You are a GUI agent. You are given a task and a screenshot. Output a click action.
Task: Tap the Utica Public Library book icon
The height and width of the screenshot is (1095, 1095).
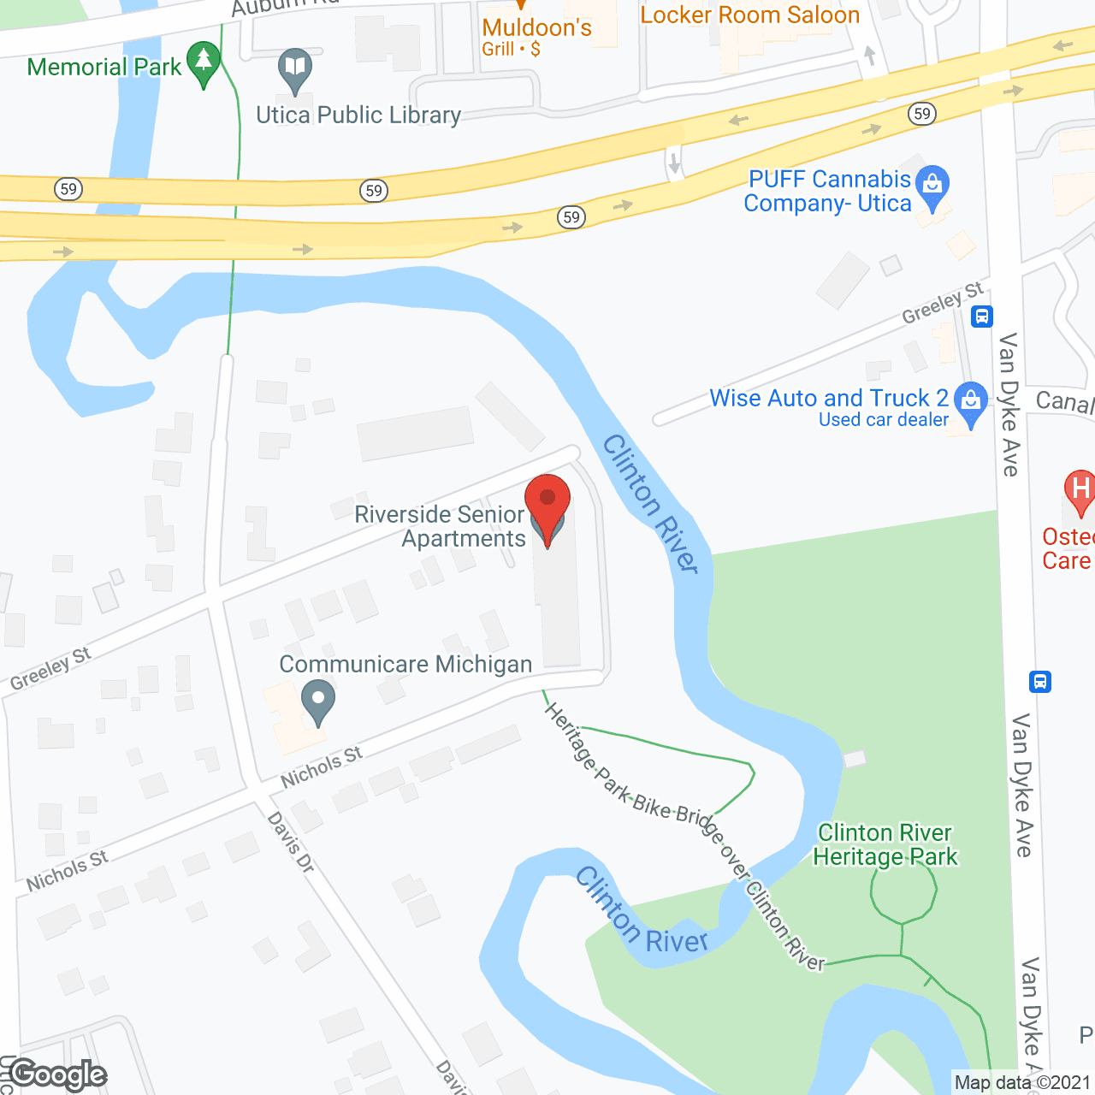(x=295, y=68)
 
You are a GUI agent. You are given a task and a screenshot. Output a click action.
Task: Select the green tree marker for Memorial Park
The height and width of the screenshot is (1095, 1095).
(x=204, y=62)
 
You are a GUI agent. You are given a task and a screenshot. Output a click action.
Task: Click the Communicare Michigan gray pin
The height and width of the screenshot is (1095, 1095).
(x=318, y=700)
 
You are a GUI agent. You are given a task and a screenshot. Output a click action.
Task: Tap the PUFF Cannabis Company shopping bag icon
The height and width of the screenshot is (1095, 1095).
(x=932, y=186)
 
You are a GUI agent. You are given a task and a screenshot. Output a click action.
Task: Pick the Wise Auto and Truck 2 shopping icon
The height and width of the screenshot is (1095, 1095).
(x=970, y=402)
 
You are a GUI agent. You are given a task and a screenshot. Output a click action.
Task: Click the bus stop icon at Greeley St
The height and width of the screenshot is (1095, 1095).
(x=982, y=317)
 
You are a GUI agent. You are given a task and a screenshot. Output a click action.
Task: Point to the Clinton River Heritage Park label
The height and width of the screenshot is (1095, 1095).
(x=885, y=845)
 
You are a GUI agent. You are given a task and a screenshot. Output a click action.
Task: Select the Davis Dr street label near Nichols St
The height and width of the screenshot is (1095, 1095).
(x=292, y=843)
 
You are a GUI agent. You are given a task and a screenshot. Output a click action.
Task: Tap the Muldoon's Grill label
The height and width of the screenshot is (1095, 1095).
(x=536, y=37)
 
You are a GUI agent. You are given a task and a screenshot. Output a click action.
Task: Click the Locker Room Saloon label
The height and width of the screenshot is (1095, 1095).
(x=749, y=15)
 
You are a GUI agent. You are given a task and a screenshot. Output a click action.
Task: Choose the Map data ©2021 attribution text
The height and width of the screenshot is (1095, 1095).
(x=1022, y=1083)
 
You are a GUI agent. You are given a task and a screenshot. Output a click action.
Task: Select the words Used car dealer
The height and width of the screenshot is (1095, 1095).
(x=883, y=420)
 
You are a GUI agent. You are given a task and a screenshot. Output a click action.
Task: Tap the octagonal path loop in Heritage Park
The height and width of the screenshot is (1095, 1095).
(x=903, y=891)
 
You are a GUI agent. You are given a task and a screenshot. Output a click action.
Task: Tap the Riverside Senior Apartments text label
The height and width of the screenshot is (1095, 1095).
(x=440, y=526)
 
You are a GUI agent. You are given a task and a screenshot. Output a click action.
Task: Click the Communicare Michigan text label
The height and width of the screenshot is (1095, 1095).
(x=405, y=665)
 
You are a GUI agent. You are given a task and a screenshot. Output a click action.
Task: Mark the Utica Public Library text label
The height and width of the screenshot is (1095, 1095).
(x=358, y=115)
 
